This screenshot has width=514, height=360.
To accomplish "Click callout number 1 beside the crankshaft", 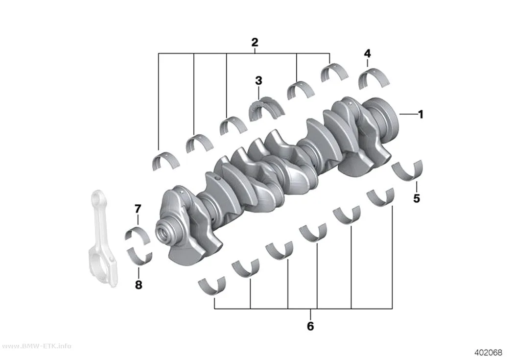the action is pyautogui.click(x=421, y=115).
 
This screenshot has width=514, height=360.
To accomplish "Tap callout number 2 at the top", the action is pyautogui.click(x=255, y=42).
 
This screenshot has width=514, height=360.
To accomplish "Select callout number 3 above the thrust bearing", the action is pyautogui.click(x=258, y=81).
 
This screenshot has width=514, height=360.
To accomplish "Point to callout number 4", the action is pyautogui.click(x=368, y=53).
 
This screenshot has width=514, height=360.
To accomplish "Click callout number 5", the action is pyautogui.click(x=417, y=198).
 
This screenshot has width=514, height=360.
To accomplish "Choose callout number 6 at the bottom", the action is pyautogui.click(x=310, y=326).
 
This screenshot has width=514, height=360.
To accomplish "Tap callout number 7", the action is pyautogui.click(x=138, y=209).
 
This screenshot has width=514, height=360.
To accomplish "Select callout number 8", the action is pyautogui.click(x=139, y=285).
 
